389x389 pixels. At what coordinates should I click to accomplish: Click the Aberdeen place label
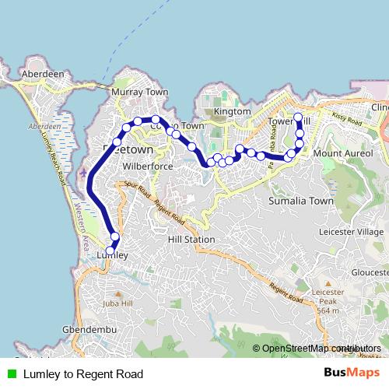[x=43, y=74]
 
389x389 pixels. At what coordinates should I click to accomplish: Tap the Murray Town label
[x=139, y=92]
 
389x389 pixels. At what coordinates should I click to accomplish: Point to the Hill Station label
[x=191, y=240]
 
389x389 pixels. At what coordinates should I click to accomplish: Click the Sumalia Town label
[x=301, y=201]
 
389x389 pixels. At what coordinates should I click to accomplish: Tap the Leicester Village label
[x=352, y=232]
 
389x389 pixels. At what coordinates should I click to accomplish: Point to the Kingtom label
[x=232, y=111]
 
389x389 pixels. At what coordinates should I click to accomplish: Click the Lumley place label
[x=112, y=254]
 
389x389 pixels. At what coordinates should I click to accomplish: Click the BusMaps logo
[x=352, y=373]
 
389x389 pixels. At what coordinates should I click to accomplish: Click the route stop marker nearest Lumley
[x=114, y=237]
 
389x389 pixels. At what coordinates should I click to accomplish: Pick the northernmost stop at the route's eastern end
[x=298, y=118]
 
